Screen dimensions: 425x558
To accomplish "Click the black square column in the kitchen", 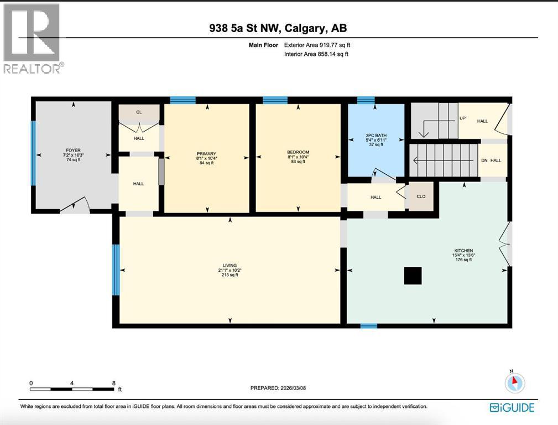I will pos(413,276).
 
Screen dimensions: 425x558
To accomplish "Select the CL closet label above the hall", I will pos(139,112).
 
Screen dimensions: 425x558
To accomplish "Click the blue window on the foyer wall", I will pos(33,153).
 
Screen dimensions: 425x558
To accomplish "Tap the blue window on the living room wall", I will pos(116,270).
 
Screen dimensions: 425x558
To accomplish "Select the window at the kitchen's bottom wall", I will pos(368,326).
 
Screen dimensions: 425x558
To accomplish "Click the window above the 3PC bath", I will pos(366,100).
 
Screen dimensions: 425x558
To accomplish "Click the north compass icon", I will pos(515,382).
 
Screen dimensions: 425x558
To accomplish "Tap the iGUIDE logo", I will pos(512,408).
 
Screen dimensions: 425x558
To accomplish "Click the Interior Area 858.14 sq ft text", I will pos(316,54).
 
